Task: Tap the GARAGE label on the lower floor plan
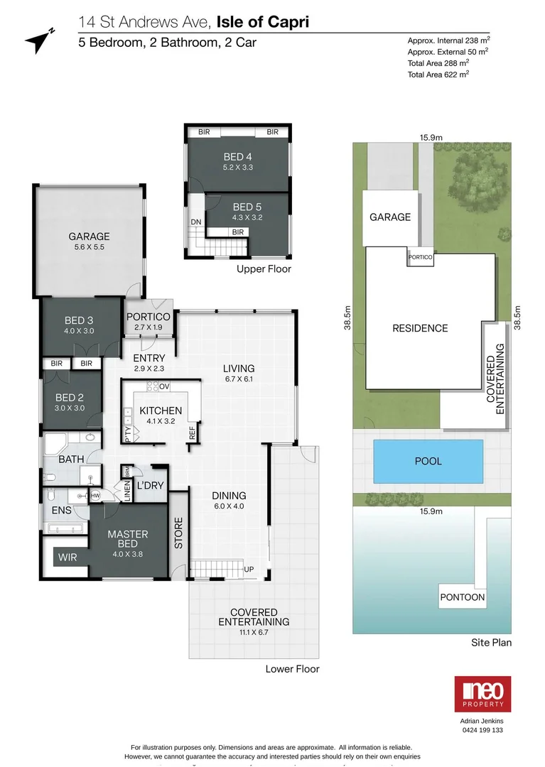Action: tap(89, 236)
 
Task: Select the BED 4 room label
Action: tap(238, 157)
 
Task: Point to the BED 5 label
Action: tap(247, 207)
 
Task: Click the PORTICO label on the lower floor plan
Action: tap(149, 317)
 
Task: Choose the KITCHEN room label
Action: tap(161, 410)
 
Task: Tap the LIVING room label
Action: tap(238, 368)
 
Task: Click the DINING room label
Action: tap(229, 496)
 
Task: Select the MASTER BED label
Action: tap(128, 539)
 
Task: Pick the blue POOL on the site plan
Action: tap(428, 461)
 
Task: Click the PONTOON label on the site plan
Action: tap(462, 597)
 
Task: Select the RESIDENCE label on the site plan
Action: tap(420, 328)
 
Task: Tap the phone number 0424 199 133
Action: tap(482, 730)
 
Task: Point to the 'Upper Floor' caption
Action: tap(264, 269)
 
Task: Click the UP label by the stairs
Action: tap(249, 570)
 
